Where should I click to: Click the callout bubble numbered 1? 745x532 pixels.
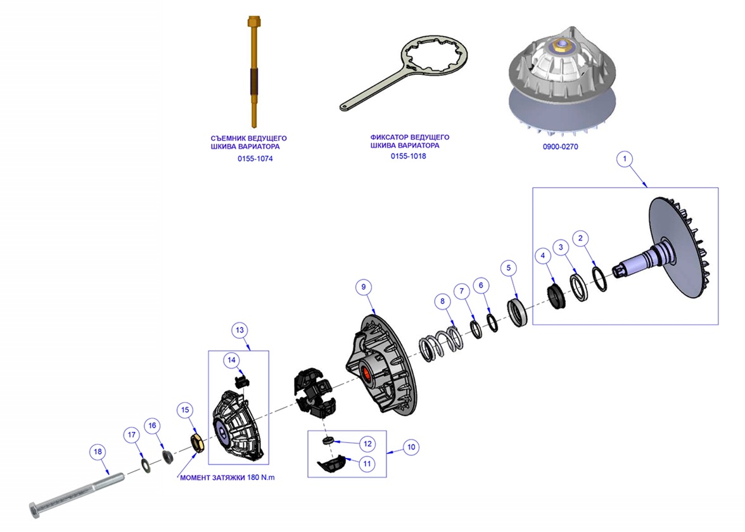(x=625, y=159)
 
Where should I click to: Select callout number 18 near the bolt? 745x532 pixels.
(x=98, y=452)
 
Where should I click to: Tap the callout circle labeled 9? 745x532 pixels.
(x=364, y=287)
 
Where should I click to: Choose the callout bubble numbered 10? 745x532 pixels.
(x=411, y=447)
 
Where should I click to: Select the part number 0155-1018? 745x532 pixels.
(x=408, y=156)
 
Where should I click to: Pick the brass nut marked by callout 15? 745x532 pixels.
(x=197, y=442)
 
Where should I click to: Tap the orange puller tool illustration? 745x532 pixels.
(x=253, y=70)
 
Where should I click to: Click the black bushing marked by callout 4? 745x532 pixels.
(x=556, y=297)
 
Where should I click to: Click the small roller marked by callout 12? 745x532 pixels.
(x=328, y=440)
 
